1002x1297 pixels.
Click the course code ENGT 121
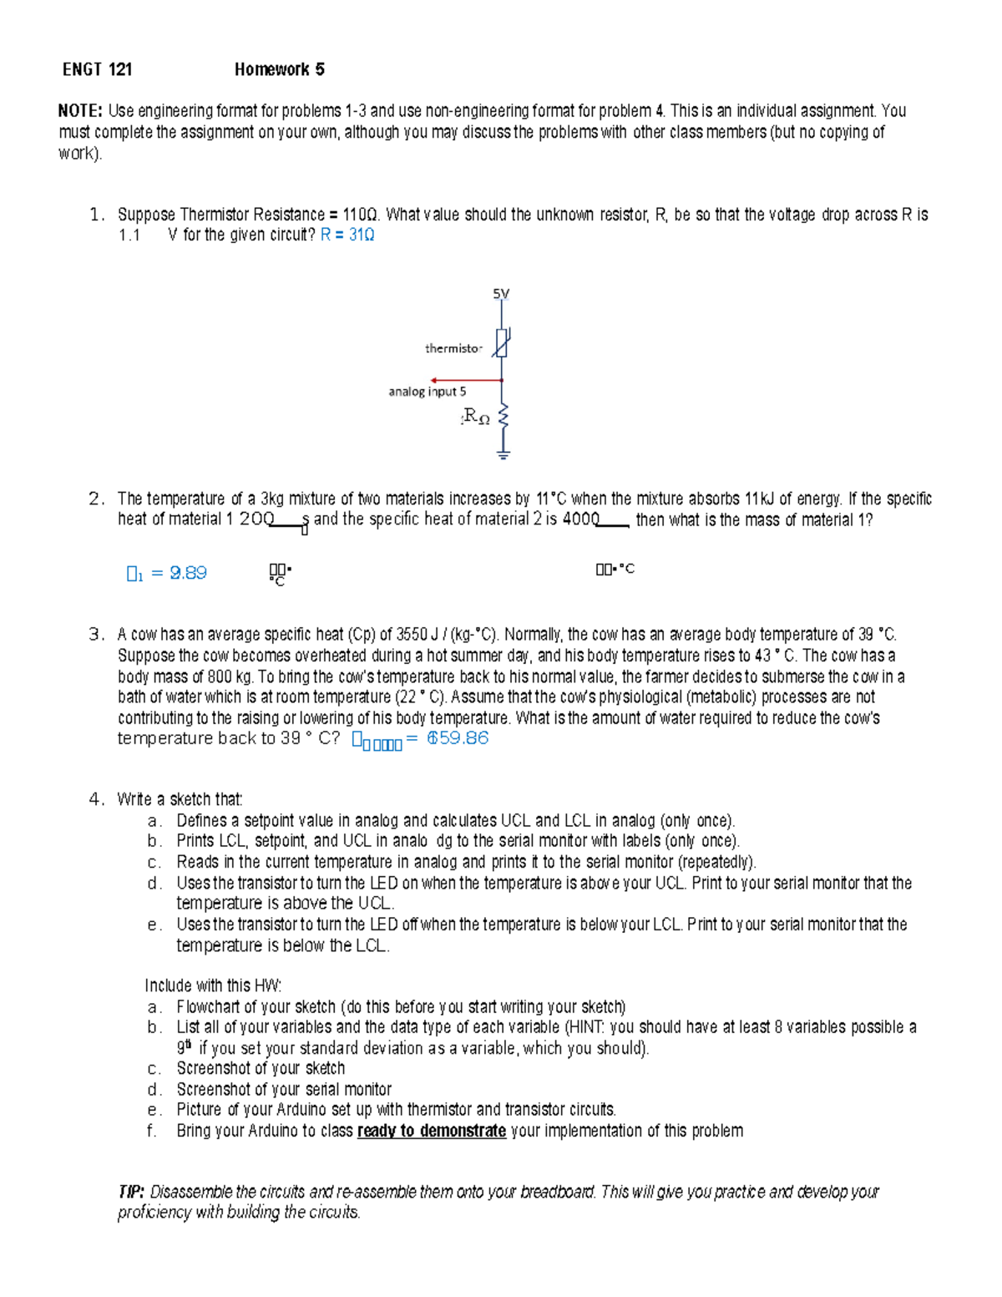tap(97, 69)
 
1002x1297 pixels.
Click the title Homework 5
tap(279, 69)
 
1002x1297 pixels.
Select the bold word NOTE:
tap(80, 111)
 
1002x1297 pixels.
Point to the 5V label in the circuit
tap(501, 294)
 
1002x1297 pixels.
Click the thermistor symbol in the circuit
tap(501, 342)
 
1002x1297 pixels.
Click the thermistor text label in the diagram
tap(453, 348)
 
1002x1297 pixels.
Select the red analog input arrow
tap(466, 381)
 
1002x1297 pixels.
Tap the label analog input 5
tap(427, 392)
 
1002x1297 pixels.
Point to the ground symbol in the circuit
tap(503, 454)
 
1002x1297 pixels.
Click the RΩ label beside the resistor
tap(476, 416)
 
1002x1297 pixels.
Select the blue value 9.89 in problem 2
tap(188, 573)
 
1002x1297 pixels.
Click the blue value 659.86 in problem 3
tap(458, 738)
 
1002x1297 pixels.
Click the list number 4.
tap(96, 799)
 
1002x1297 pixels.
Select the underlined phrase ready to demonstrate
tap(431, 1131)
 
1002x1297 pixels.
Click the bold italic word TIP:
tap(131, 1192)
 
